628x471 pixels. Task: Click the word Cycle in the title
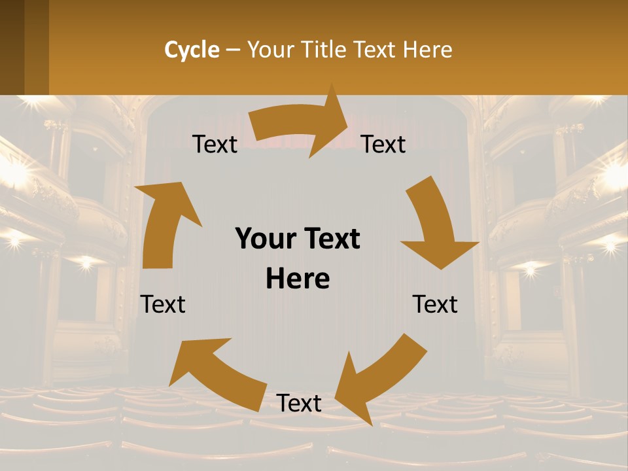pyautogui.click(x=192, y=50)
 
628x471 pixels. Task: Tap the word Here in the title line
pyautogui.click(x=428, y=50)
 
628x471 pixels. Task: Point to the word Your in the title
pyautogui.click(x=270, y=50)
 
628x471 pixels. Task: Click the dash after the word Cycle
pyautogui.click(x=233, y=50)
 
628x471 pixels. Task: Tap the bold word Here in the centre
pyautogui.click(x=298, y=279)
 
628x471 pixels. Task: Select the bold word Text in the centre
pyautogui.click(x=330, y=239)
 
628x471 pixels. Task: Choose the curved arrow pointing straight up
pyautogui.click(x=164, y=222)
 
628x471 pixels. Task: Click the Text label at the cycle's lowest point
pyautogui.click(x=299, y=403)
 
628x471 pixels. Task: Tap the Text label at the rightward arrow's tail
pyautogui.click(x=215, y=145)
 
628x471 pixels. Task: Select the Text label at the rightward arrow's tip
pyautogui.click(x=383, y=145)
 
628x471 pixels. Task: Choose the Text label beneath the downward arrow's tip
pyautogui.click(x=435, y=304)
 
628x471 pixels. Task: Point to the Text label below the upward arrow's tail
pyautogui.click(x=163, y=304)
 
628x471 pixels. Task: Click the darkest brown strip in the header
pyautogui.click(x=12, y=47)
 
